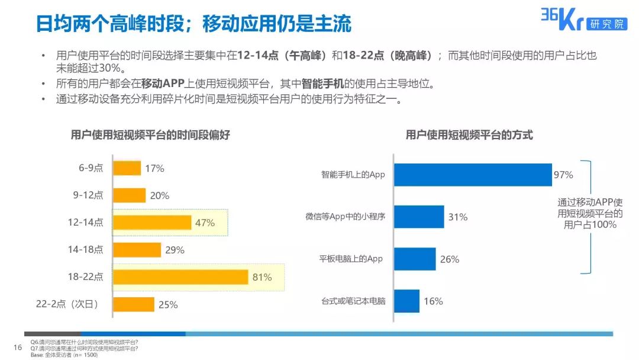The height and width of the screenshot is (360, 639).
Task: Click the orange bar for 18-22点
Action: (180, 277)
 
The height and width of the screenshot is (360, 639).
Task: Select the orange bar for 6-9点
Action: (127, 168)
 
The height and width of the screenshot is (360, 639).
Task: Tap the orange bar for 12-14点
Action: (152, 223)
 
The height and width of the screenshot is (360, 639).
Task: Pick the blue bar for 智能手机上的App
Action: (473, 175)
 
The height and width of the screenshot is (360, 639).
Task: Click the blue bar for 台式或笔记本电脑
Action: (406, 301)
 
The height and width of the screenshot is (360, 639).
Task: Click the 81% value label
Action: (262, 277)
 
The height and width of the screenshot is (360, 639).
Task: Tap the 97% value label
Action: (563, 175)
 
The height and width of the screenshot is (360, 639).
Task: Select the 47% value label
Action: (205, 223)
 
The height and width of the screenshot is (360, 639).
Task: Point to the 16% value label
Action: (433, 301)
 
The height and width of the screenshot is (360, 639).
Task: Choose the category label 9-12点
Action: (88, 195)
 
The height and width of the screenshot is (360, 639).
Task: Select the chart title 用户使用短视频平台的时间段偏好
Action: (150, 135)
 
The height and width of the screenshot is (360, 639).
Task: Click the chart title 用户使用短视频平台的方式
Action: (469, 135)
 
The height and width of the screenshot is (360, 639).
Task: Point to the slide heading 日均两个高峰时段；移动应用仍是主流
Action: (193, 24)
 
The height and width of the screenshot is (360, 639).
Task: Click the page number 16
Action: (17, 347)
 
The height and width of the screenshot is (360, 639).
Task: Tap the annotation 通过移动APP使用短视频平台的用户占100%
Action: (590, 213)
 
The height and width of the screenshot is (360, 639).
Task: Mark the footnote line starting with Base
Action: (64, 355)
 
